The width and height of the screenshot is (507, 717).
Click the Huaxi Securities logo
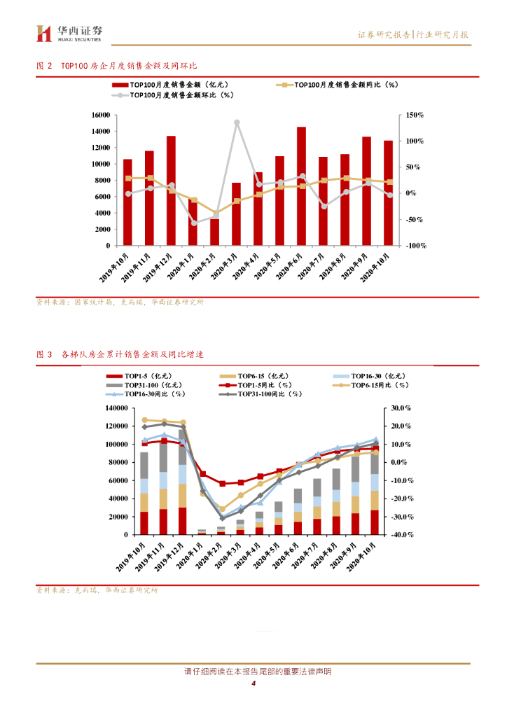(69, 32)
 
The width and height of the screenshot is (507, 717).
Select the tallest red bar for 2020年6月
(301, 186)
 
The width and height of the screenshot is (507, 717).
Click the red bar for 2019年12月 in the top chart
(171, 190)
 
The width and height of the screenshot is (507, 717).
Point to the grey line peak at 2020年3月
(237, 123)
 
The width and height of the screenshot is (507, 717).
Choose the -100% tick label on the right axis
(415, 246)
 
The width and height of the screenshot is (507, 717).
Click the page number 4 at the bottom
(253, 684)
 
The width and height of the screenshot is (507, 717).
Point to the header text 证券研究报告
(384, 34)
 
